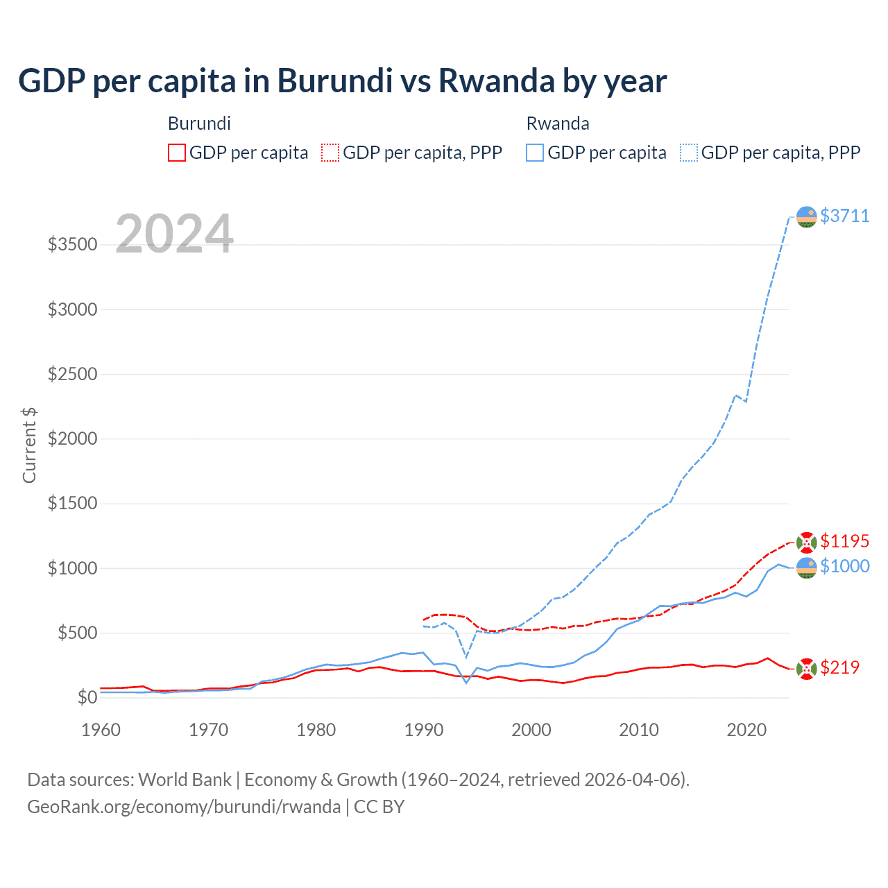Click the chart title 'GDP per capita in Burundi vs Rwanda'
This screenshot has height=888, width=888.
pyautogui.click(x=342, y=81)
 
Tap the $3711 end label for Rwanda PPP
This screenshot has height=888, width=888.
pyautogui.click(x=844, y=216)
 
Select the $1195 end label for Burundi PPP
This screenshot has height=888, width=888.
pyautogui.click(x=844, y=541)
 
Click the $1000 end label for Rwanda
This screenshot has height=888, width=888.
pyautogui.click(x=844, y=566)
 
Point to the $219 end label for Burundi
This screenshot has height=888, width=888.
pyautogui.click(x=839, y=667)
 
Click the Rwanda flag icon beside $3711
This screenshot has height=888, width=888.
pyautogui.click(x=806, y=216)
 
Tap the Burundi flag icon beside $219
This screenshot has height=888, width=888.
pyautogui.click(x=806, y=668)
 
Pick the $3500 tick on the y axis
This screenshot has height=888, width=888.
pyautogui.click(x=72, y=245)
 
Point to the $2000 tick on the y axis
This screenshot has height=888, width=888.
pyautogui.click(x=72, y=438)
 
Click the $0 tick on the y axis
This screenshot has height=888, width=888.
pyautogui.click(x=87, y=697)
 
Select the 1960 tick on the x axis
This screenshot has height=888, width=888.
pyautogui.click(x=101, y=730)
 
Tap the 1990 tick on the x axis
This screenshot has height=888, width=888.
pyautogui.click(x=424, y=730)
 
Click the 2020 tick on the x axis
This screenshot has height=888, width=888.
pyautogui.click(x=746, y=730)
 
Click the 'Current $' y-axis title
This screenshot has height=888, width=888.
pyautogui.click(x=29, y=445)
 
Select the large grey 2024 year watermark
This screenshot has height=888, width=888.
pyautogui.click(x=174, y=234)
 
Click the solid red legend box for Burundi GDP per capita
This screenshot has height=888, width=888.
pyautogui.click(x=177, y=153)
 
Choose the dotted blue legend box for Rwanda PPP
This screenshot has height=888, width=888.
pyautogui.click(x=689, y=153)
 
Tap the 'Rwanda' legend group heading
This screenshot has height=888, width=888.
pyautogui.click(x=558, y=123)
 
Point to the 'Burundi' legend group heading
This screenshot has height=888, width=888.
pyautogui.click(x=199, y=123)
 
